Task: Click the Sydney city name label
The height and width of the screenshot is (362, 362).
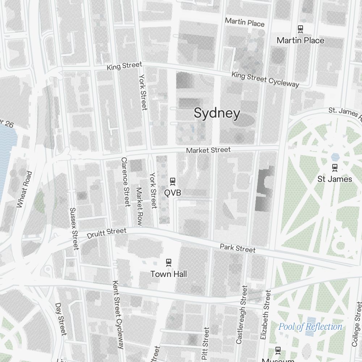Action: (x=217, y=113)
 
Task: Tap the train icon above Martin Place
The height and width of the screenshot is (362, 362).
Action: (x=300, y=28)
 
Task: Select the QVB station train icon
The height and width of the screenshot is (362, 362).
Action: (x=173, y=181)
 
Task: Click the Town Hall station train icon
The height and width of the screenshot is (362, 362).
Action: (x=168, y=262)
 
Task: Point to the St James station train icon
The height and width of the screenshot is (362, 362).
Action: (x=335, y=167)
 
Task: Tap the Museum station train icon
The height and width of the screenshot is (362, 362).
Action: (x=278, y=350)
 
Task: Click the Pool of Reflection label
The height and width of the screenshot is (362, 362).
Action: (x=310, y=327)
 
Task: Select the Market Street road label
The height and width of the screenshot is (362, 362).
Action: (x=208, y=150)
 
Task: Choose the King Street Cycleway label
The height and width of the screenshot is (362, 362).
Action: (x=265, y=79)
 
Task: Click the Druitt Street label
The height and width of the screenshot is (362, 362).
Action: (x=107, y=233)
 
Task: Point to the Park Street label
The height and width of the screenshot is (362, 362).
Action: (x=237, y=248)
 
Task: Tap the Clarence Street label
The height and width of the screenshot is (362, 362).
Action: (x=125, y=182)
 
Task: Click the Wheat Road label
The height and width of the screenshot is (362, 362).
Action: (x=25, y=189)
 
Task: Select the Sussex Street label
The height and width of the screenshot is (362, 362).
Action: (x=74, y=228)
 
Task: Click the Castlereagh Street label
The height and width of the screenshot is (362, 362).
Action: (x=241, y=315)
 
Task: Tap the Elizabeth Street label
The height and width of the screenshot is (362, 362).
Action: (x=265, y=315)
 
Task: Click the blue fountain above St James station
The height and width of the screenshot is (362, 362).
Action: (x=335, y=157)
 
